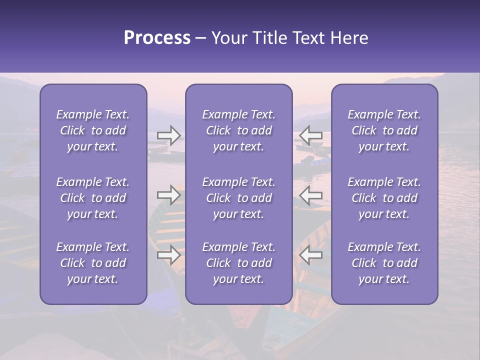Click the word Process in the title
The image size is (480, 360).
pyautogui.click(x=157, y=38)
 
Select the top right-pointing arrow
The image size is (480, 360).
pyautogui.click(x=169, y=135)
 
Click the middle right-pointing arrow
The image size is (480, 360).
pyautogui.click(x=169, y=195)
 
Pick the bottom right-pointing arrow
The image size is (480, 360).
pyautogui.click(x=169, y=255)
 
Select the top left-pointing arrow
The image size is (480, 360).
pyautogui.click(x=311, y=135)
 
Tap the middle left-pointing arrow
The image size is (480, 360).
pyautogui.click(x=311, y=195)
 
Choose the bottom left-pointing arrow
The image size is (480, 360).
pyautogui.click(x=311, y=255)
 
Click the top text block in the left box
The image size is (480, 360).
pyautogui.click(x=93, y=130)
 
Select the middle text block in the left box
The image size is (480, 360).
pyautogui.click(x=93, y=198)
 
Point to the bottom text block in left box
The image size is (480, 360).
pyautogui.click(x=93, y=263)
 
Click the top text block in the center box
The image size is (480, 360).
pyautogui.click(x=238, y=130)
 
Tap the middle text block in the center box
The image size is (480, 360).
pyautogui.click(x=238, y=198)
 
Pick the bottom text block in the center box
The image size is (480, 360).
pyautogui.click(x=238, y=263)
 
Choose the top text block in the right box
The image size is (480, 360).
pyautogui.click(x=384, y=130)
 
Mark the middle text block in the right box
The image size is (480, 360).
pyautogui.click(x=384, y=198)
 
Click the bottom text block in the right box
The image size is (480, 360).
pyautogui.click(x=384, y=263)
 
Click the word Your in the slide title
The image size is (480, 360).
pyautogui.click(x=229, y=38)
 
